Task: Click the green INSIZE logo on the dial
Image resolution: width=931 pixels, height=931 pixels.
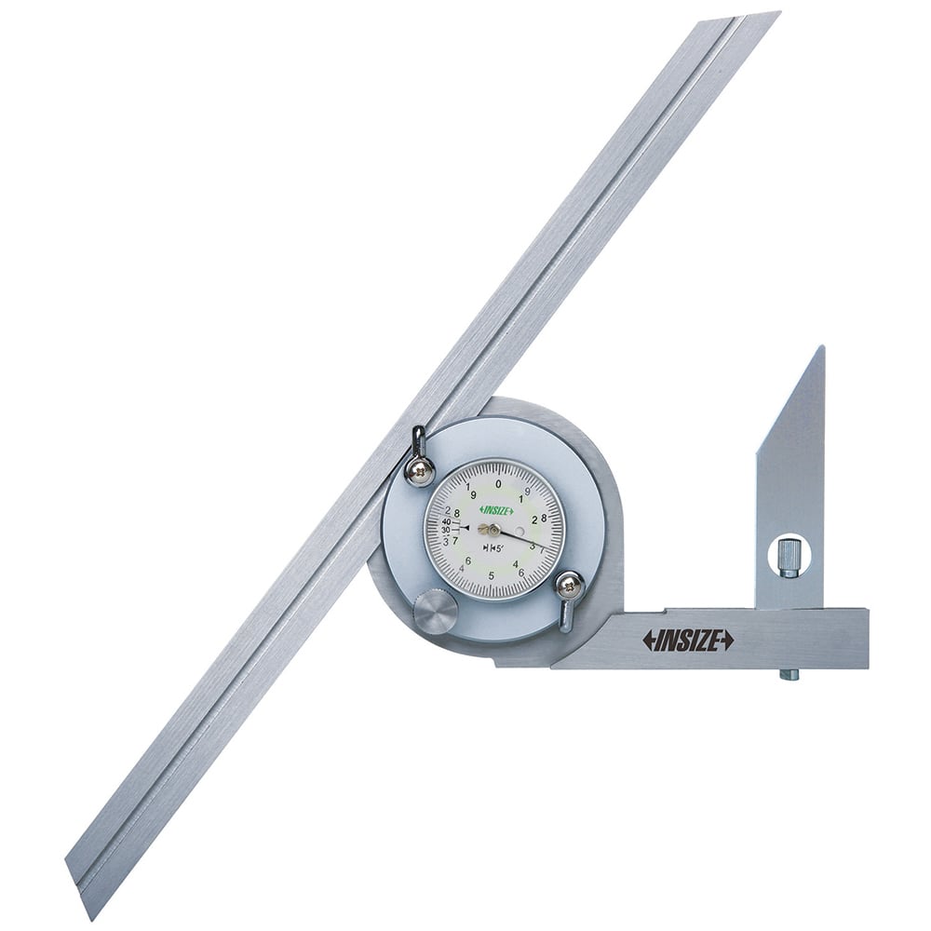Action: (x=496, y=509)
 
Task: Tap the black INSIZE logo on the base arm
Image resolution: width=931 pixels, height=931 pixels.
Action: (x=687, y=640)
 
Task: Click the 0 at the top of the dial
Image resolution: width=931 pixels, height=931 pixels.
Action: (x=498, y=483)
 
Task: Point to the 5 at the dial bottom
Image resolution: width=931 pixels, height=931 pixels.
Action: (x=491, y=575)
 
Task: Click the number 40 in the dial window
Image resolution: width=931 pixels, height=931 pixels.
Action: (x=446, y=521)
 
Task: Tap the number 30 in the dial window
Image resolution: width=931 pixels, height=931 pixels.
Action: (x=446, y=531)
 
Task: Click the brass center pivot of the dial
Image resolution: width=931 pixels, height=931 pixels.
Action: (x=492, y=530)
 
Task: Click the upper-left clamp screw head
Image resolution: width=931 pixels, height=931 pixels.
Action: (x=420, y=469)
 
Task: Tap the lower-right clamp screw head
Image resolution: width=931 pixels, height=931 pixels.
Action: (x=569, y=586)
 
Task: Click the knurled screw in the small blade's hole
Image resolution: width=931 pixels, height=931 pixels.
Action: (x=789, y=557)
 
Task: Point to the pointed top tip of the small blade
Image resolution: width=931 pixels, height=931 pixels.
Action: (x=821, y=349)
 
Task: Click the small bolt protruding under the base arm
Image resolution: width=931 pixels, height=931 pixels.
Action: (x=788, y=673)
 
